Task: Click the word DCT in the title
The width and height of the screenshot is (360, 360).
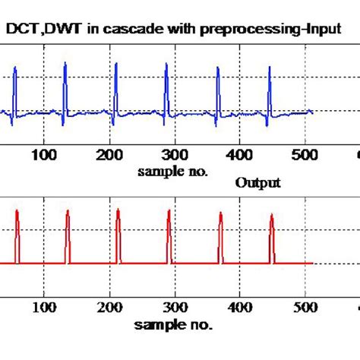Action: click(x=23, y=29)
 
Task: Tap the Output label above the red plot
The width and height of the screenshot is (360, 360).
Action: click(x=258, y=183)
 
